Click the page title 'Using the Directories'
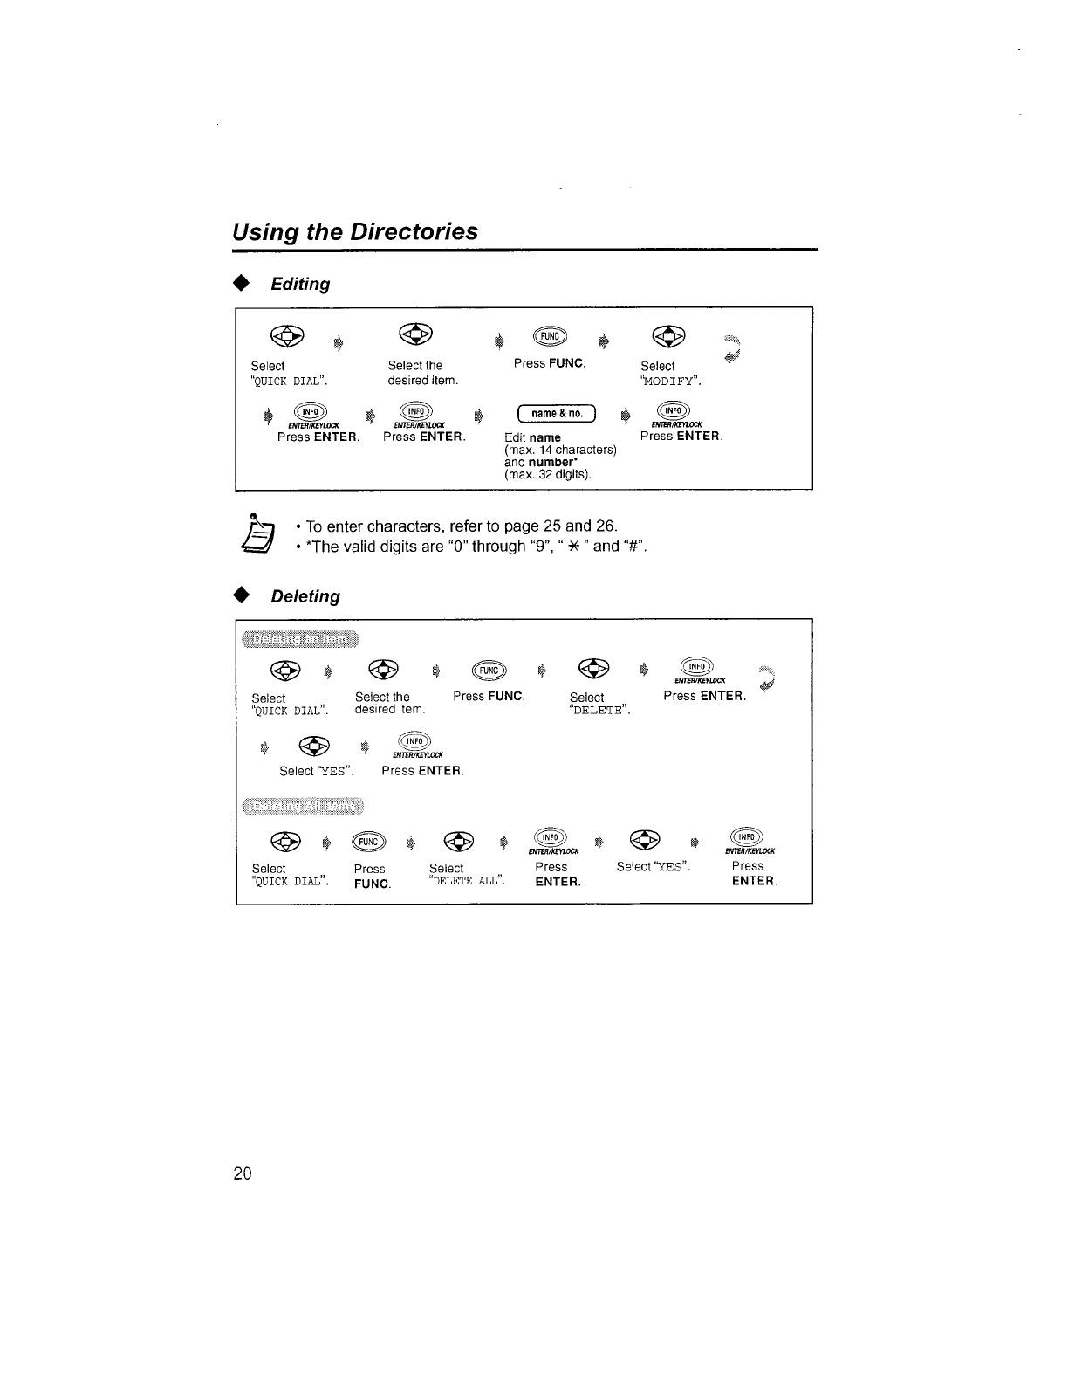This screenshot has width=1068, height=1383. pos(355,231)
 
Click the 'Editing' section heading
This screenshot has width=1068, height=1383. pos(300,285)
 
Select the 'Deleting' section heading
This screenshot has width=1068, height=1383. pos(305,596)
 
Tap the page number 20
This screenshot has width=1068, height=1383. pos(243,1173)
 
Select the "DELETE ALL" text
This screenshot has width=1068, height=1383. pos(467,880)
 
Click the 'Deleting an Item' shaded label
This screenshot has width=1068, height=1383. pos(299,640)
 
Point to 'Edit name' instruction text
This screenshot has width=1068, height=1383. pos(532,437)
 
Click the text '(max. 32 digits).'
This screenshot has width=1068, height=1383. pos(548,475)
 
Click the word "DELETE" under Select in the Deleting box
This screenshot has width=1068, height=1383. pos(599,711)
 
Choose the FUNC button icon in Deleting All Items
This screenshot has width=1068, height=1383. pos(367,841)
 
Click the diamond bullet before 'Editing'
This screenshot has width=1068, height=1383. pos(242,285)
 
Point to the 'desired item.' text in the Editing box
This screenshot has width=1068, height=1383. pos(422,380)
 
